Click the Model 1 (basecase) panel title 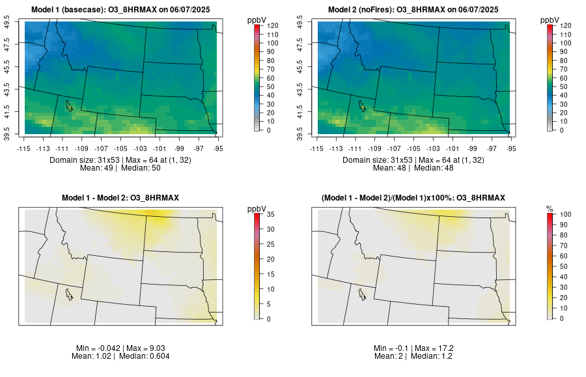(124, 10)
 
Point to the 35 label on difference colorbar (269, 214)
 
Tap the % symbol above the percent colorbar (550, 208)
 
